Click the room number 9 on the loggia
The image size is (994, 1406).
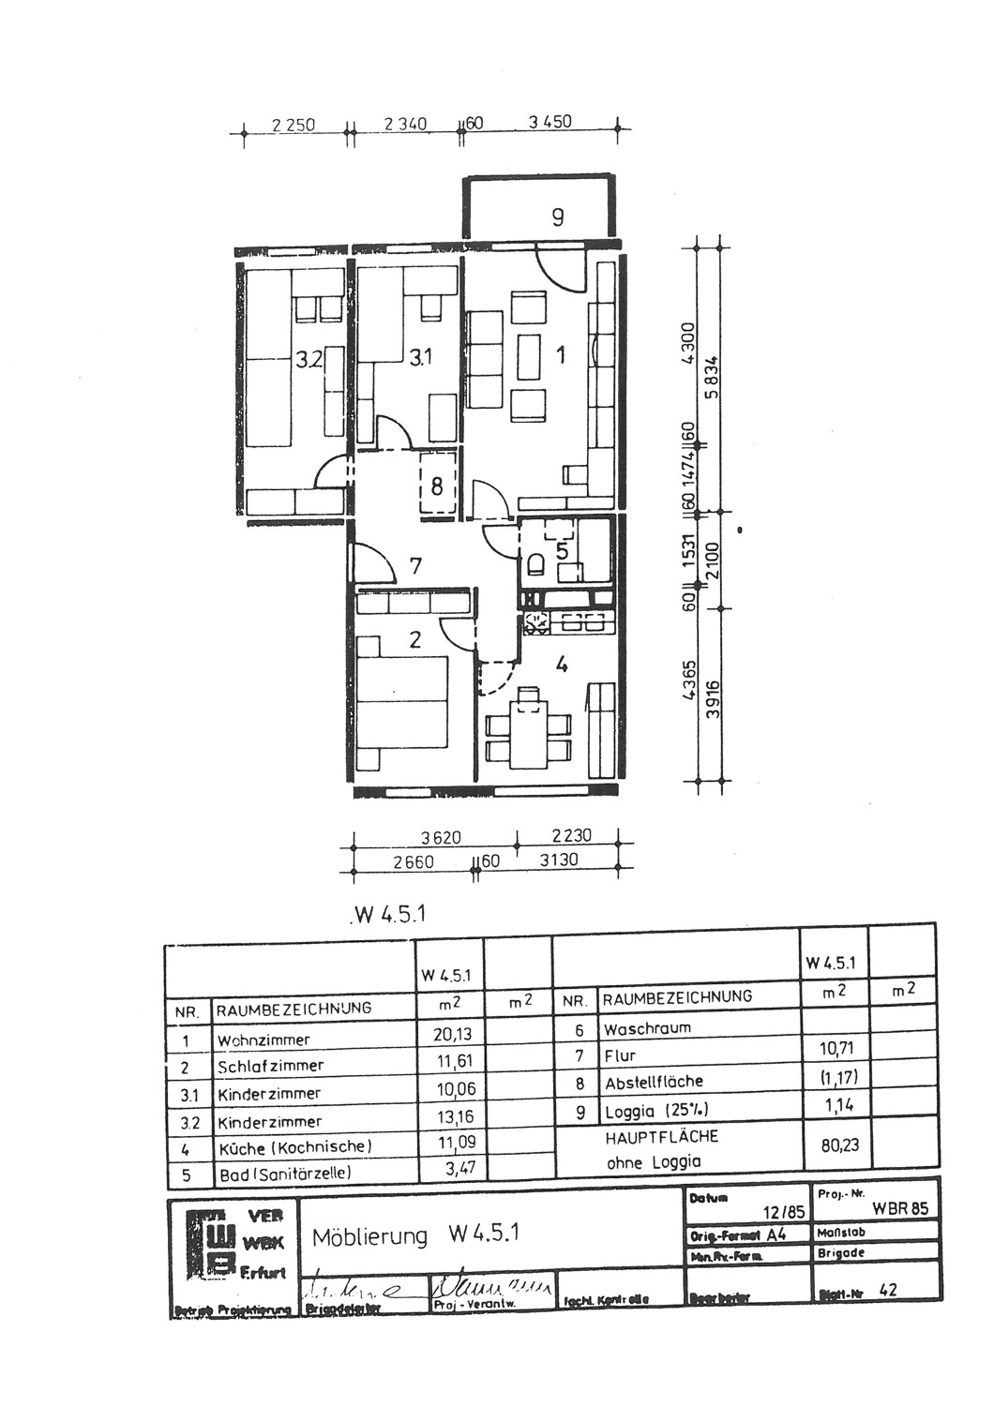558,217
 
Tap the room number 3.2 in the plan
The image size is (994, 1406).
309,358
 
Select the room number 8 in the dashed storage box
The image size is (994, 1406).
436,486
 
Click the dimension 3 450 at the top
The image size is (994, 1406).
550,122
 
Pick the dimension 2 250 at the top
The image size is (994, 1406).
293,124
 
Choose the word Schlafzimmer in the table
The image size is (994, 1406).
270,1066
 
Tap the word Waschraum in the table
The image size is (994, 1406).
647,1028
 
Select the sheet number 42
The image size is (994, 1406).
887,1290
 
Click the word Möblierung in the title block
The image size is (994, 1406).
369,1236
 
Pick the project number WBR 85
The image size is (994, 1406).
899,1208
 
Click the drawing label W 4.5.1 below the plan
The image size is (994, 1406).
390,915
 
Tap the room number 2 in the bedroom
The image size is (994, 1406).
414,640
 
